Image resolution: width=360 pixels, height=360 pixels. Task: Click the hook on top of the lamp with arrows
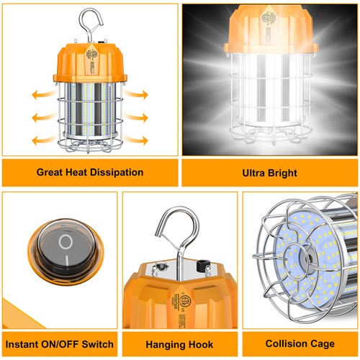point(89,22)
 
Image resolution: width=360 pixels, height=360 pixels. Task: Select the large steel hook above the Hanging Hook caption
point(174,234)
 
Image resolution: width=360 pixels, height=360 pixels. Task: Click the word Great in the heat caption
point(53,173)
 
